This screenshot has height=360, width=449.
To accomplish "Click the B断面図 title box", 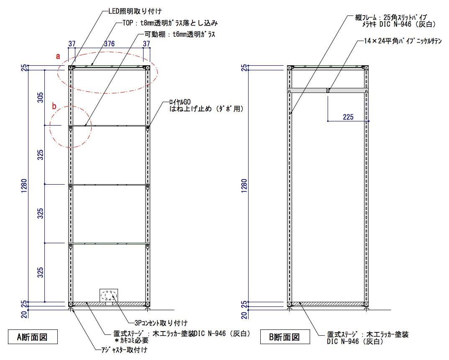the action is (285, 336).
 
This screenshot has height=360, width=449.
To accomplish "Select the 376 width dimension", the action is (109, 44).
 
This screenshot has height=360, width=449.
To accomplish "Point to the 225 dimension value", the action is (348, 117).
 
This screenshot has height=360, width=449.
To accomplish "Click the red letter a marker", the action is (59, 55).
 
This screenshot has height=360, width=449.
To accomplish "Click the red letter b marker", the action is (54, 106).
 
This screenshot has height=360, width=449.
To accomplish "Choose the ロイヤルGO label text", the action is (180, 102).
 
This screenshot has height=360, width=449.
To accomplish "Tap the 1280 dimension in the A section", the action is (24, 184).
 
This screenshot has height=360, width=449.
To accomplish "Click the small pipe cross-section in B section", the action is (328, 90).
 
